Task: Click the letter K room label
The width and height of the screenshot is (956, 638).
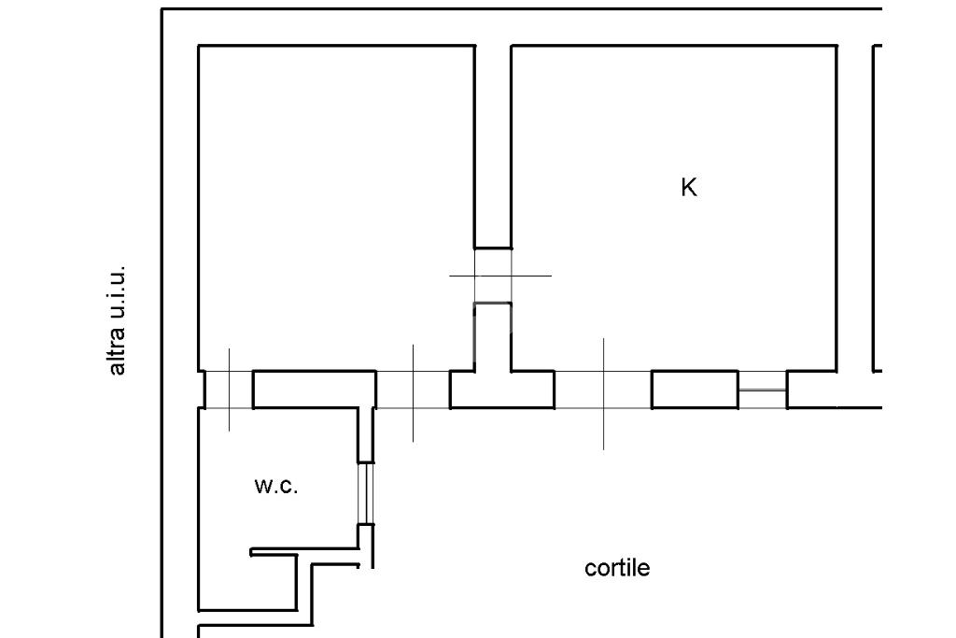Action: (x=689, y=188)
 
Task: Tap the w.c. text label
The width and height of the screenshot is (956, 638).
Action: (x=276, y=486)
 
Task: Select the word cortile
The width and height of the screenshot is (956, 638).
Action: (x=617, y=568)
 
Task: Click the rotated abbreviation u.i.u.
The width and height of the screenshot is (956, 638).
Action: (x=117, y=293)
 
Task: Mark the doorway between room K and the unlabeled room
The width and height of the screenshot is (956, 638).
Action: (x=493, y=276)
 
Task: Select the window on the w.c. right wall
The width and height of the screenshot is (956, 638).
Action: (x=366, y=493)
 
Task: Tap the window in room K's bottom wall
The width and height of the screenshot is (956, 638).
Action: (x=762, y=390)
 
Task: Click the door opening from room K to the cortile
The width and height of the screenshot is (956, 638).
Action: (x=603, y=390)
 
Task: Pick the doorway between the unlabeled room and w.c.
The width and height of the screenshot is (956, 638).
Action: (x=229, y=390)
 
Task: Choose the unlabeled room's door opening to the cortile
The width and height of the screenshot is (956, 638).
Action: (x=413, y=390)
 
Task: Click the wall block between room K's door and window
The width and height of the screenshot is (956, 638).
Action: (x=695, y=390)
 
